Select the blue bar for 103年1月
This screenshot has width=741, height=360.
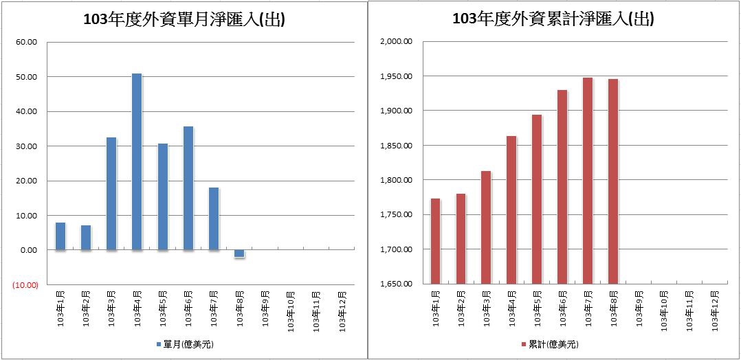60,236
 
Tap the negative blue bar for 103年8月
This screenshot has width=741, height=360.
239,254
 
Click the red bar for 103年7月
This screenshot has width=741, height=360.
588,180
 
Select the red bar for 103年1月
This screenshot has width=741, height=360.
435,240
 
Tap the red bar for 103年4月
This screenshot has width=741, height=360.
511,209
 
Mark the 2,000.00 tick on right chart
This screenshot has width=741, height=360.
395,42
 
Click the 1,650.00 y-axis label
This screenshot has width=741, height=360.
395,284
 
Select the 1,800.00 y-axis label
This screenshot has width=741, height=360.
395,180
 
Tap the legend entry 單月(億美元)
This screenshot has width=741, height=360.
185,344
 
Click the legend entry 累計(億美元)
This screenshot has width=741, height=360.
550,344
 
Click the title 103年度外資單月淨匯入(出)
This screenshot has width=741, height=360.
184,20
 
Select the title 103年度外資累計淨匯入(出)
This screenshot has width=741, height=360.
553,20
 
